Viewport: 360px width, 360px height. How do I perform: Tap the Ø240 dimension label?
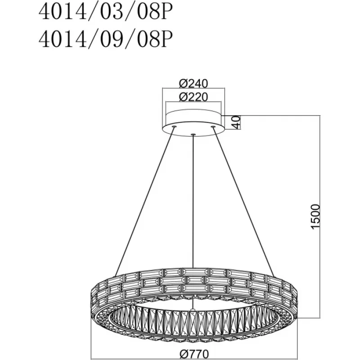click(193, 83)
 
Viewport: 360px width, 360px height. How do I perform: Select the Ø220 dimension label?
click(193, 97)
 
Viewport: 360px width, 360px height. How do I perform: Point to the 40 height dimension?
click(236, 122)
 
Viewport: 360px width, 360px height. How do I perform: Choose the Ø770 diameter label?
click(194, 354)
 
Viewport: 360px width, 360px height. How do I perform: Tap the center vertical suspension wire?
click(193, 201)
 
